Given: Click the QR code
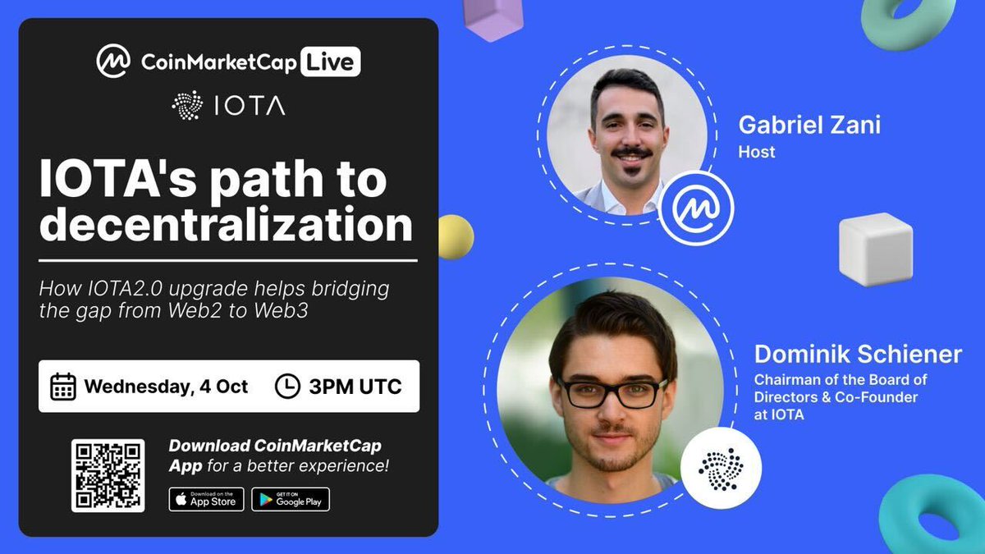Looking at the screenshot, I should pyautogui.click(x=108, y=475).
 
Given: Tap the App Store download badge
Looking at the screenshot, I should pyautogui.click(x=206, y=499).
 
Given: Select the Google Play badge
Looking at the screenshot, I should pyautogui.click(x=291, y=499).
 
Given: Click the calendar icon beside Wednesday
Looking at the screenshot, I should pyautogui.click(x=63, y=386).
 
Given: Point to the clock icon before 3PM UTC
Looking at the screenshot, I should pyautogui.click(x=286, y=386).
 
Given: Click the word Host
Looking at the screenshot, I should pyautogui.click(x=756, y=152).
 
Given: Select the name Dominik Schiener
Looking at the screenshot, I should pyautogui.click(x=858, y=355).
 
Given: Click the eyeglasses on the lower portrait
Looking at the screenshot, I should pyautogui.click(x=612, y=392).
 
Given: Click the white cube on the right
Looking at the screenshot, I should pyautogui.click(x=875, y=249).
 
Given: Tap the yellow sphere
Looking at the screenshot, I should pyautogui.click(x=455, y=237).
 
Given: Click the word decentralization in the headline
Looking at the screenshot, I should pyautogui.click(x=226, y=225).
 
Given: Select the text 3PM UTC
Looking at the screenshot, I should pyautogui.click(x=355, y=386).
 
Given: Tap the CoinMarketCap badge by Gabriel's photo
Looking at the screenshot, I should pyautogui.click(x=695, y=208).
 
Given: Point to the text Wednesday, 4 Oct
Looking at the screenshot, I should pyautogui.click(x=166, y=386).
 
